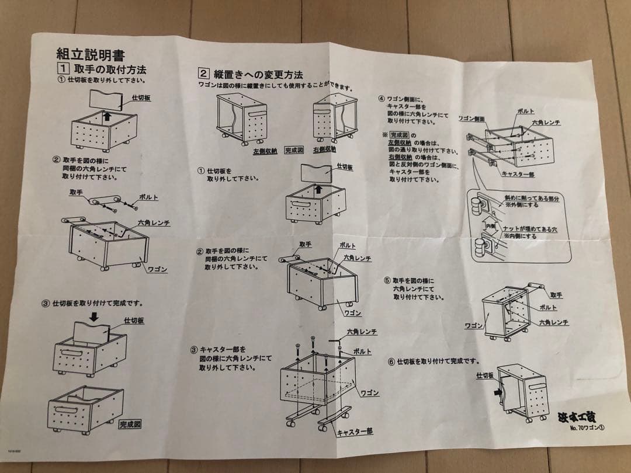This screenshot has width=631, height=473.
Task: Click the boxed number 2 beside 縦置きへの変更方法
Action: click(203, 74)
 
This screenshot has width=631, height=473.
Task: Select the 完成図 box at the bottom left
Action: click(130, 424)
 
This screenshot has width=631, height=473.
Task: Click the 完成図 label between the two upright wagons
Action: click(294, 150)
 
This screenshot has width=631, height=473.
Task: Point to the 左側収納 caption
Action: click(265, 151)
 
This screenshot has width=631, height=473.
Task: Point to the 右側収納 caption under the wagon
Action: click(324, 149)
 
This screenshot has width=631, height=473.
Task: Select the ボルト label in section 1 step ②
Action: click(149, 197)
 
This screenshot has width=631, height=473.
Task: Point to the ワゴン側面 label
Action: click(470, 118)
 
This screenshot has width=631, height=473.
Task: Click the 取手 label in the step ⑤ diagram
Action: click(556, 295)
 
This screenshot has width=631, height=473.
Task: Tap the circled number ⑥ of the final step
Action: click(391, 361)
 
